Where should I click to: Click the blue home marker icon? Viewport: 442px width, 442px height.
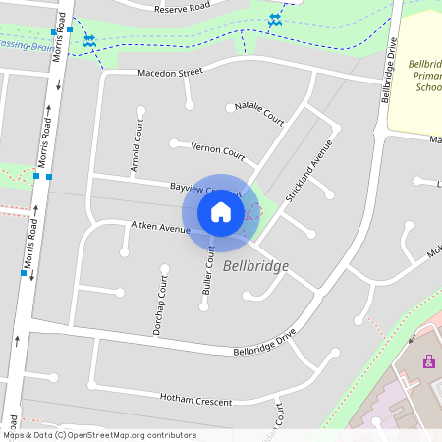221,212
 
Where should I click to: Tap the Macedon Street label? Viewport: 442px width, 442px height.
170,73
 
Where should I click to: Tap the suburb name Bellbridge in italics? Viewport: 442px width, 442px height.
255,266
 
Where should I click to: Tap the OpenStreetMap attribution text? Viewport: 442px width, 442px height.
99,435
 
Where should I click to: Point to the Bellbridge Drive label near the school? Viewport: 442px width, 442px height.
389,71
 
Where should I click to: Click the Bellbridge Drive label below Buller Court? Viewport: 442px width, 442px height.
264,344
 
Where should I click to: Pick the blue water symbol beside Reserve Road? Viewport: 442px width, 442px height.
276,20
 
